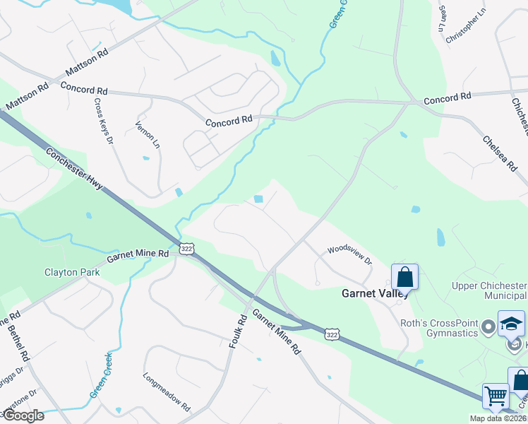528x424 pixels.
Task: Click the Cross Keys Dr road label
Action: [102, 121]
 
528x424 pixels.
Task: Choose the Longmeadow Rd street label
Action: [167, 393]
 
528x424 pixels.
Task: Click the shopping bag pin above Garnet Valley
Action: [405, 276]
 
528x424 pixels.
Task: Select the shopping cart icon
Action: [496, 396]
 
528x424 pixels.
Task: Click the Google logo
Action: [23, 416]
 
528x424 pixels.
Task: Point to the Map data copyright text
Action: [500, 418]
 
